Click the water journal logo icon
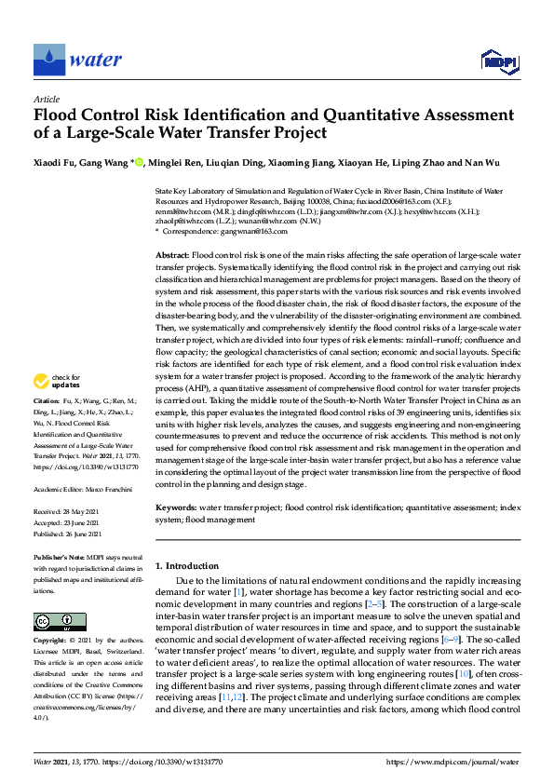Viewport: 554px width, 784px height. click(48, 61)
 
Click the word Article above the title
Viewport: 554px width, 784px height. click(46, 99)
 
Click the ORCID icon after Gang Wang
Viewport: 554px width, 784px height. click(140, 163)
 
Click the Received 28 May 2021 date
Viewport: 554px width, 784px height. click(74, 512)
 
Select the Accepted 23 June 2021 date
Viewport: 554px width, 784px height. click(74, 522)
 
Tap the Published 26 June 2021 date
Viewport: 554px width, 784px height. click(75, 533)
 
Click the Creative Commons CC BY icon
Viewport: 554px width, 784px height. click(59, 621)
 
